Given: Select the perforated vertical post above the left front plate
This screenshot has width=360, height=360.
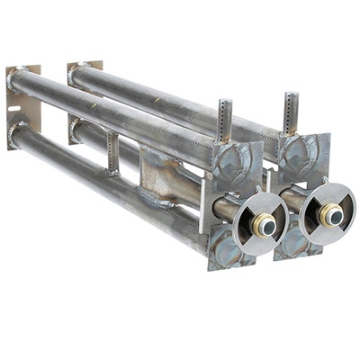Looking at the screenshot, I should click(x=224, y=121).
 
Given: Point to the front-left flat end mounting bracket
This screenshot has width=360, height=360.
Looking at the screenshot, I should click(x=22, y=108).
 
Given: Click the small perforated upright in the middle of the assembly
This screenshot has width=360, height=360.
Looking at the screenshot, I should click(x=112, y=152).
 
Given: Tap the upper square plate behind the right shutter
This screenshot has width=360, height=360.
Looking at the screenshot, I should click(x=302, y=153).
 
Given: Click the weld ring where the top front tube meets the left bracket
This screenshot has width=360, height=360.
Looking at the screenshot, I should click(x=17, y=80).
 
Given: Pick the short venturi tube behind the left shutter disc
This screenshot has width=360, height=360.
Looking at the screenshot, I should click(x=226, y=210).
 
